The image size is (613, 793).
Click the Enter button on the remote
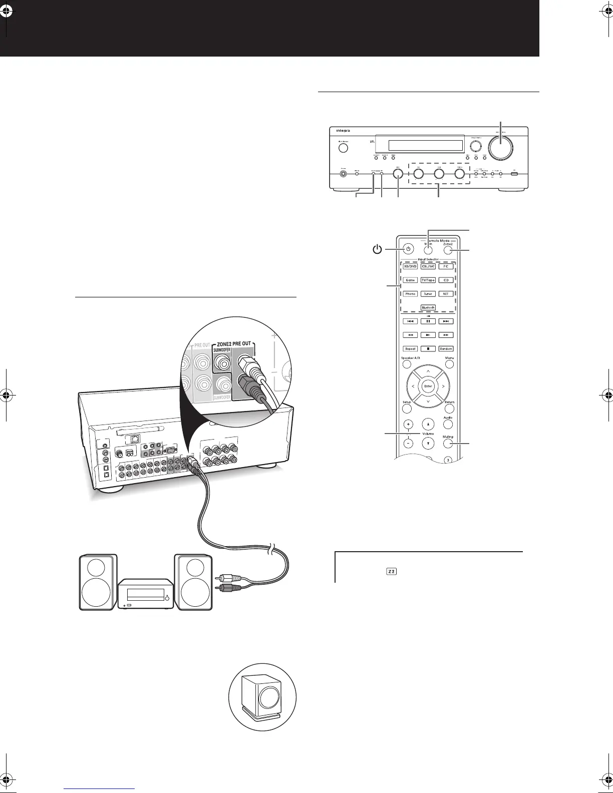pos(428,386)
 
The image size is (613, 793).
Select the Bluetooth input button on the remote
pos(428,308)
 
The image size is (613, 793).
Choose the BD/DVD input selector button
pos(410,266)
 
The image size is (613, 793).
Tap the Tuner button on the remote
pos(428,294)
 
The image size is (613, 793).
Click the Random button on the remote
pos(446,349)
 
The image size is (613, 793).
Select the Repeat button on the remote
pos(410,349)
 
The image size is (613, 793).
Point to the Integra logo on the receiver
pos(341,131)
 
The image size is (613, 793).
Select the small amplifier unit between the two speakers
pos(146,594)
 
